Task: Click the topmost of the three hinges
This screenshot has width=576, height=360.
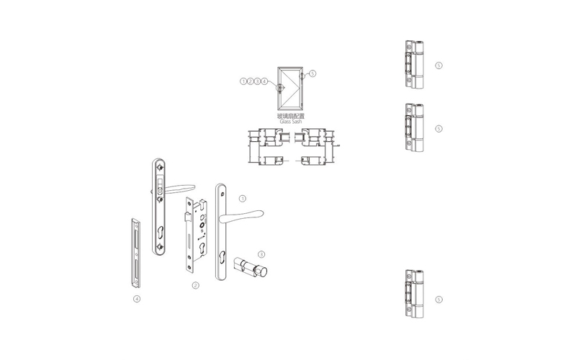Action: pyautogui.click(x=415, y=65)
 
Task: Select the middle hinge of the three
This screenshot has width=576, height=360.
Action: pyautogui.click(x=415, y=128)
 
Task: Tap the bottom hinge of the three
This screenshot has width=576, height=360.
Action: pyautogui.click(x=415, y=294)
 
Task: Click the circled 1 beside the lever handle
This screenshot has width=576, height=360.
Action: pyautogui.click(x=243, y=199)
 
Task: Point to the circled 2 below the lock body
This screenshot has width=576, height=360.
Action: pyautogui.click(x=196, y=285)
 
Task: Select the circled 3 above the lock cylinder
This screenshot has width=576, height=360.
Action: pyautogui.click(x=261, y=254)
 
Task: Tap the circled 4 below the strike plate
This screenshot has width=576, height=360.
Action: pyautogui.click(x=137, y=299)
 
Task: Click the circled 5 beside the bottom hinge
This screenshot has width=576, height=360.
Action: pyautogui.click(x=438, y=300)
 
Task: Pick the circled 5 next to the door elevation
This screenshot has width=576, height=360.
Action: pyautogui.click(x=312, y=73)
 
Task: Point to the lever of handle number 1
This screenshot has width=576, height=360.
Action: pyautogui.click(x=241, y=217)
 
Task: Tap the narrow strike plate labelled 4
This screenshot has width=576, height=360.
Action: pyautogui.click(x=136, y=253)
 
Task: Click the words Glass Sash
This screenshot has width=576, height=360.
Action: pyautogui.click(x=291, y=122)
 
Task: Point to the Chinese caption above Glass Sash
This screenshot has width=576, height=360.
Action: pyautogui.click(x=291, y=116)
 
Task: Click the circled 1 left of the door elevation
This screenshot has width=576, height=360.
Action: pyautogui.click(x=243, y=81)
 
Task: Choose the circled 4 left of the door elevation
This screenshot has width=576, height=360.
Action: pyautogui.click(x=264, y=81)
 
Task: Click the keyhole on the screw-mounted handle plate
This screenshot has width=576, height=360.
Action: pyautogui.click(x=160, y=233)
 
